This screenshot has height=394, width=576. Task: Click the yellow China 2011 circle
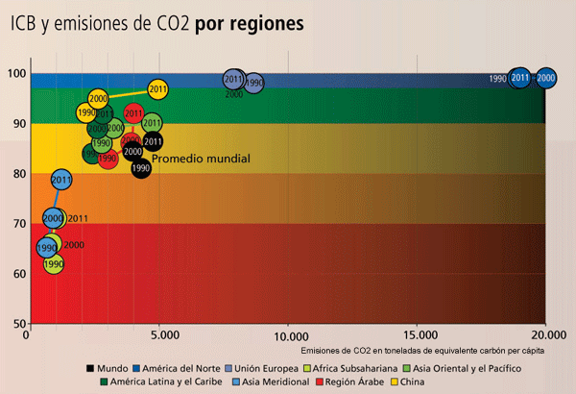click(x=158, y=89)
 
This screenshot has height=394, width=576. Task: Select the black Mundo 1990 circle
click(x=141, y=168)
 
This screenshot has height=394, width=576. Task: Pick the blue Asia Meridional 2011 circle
click(x=62, y=179)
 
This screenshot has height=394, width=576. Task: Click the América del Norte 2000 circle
click(x=546, y=77)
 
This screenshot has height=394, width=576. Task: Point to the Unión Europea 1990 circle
click(x=253, y=84)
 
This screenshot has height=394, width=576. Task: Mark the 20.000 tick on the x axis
click(x=545, y=335)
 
